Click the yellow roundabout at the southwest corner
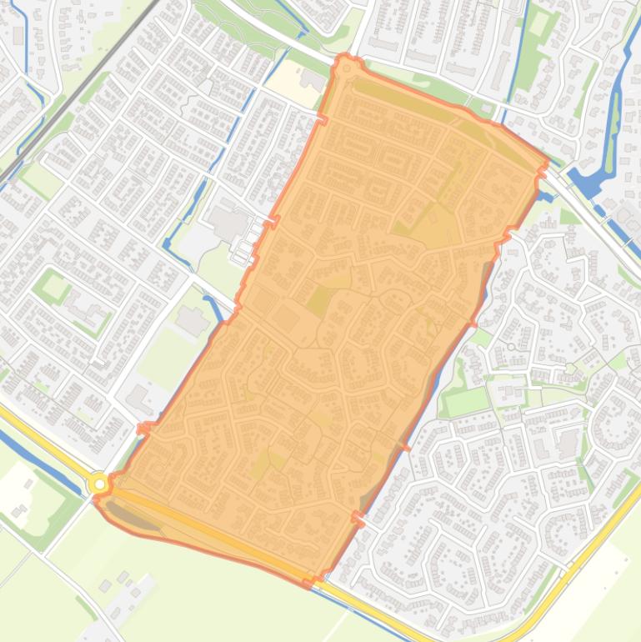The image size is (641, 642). (100, 484)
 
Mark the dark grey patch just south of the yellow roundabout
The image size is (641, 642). (133, 517)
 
